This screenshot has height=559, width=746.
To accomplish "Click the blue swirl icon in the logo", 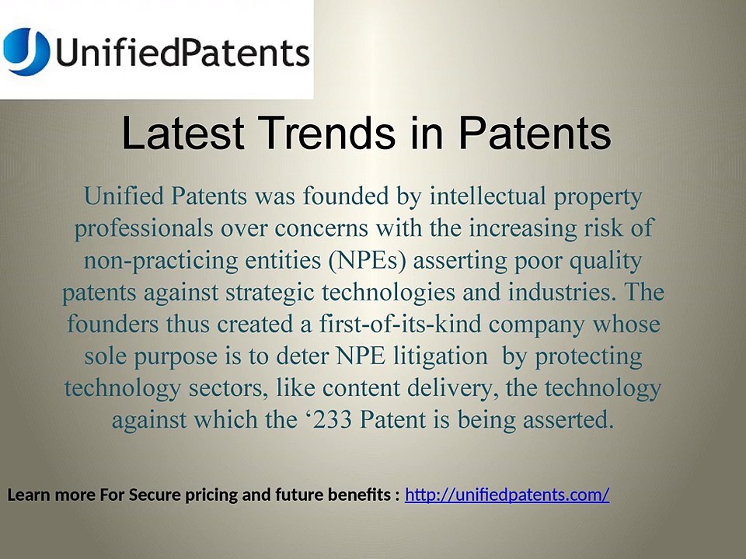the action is coord(26,51).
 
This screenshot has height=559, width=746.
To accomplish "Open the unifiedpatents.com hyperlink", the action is coord(507,495).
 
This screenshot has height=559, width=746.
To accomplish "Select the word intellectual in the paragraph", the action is coord(488,196).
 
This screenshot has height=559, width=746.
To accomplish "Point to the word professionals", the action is coord(144,228).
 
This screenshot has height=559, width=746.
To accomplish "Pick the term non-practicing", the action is coord(161,261).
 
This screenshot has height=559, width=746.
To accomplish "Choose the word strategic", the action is coord(270,293).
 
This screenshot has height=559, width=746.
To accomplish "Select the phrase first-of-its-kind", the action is coord(399,324).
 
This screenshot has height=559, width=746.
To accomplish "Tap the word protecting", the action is coord(588,356).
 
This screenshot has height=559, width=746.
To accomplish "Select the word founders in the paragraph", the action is coord(113,324).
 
